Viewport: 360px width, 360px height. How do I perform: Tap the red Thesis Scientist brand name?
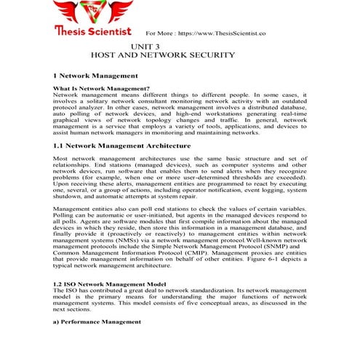93,32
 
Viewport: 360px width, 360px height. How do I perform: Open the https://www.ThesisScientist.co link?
222,33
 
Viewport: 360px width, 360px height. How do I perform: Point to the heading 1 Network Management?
95,76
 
